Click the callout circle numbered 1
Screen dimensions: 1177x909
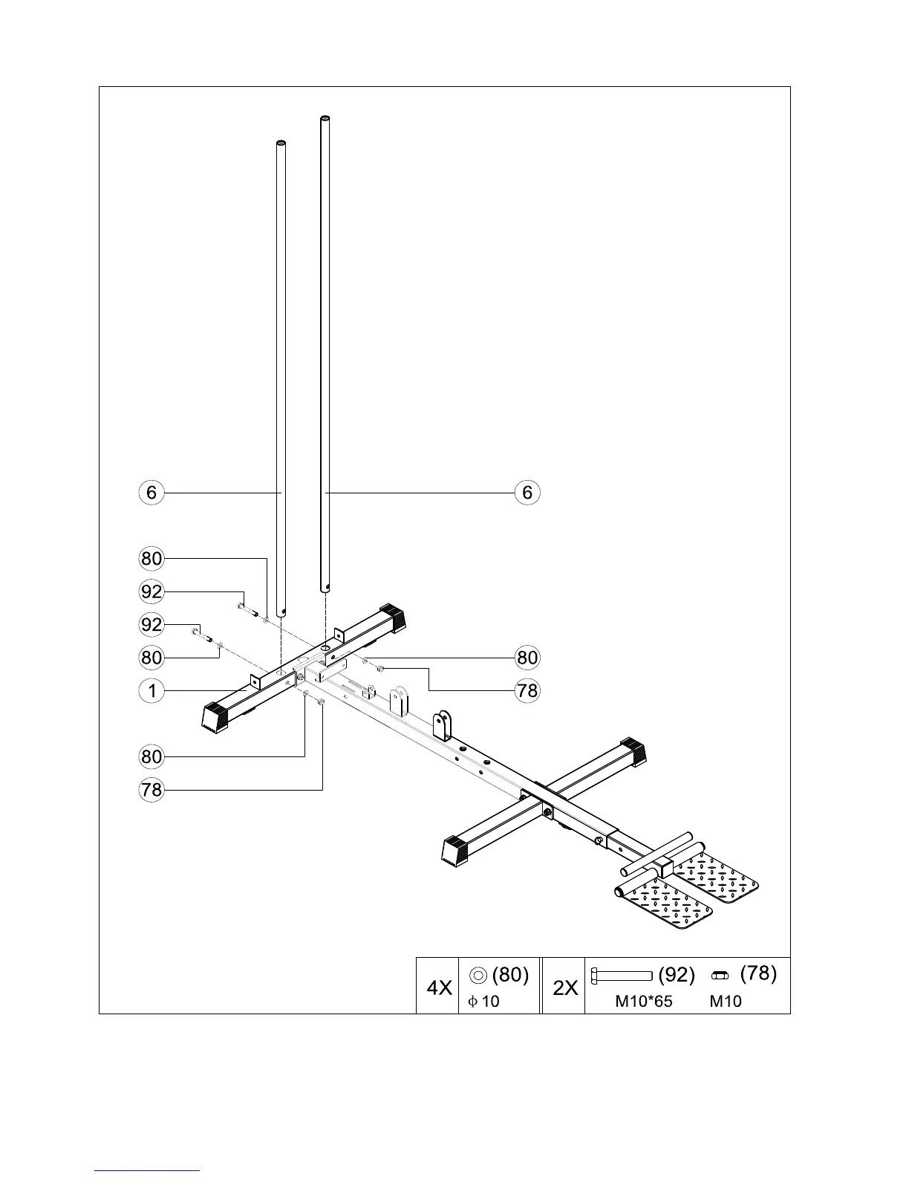click(x=151, y=691)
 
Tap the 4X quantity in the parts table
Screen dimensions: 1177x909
click(x=439, y=988)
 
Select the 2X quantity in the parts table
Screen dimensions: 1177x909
click(x=565, y=988)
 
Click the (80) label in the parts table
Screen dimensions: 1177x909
click(x=510, y=974)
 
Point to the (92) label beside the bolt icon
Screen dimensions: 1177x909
click(x=677, y=975)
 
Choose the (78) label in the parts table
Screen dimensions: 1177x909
click(x=758, y=973)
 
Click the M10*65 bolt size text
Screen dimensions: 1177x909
click(x=644, y=1001)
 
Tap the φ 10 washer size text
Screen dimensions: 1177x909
click(x=483, y=1001)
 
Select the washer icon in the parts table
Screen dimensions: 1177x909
click(x=479, y=975)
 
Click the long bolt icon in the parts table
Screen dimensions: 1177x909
click(x=621, y=975)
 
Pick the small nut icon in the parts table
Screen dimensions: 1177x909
click(x=719, y=975)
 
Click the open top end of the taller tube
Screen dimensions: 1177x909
click(x=325, y=119)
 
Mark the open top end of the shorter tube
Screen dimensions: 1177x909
click(x=281, y=143)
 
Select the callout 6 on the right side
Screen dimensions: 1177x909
click(x=527, y=492)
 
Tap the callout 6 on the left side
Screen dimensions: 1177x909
click(x=151, y=492)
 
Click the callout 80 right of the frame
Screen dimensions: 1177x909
click(x=527, y=658)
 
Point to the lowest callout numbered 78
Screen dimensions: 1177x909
click(x=151, y=789)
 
